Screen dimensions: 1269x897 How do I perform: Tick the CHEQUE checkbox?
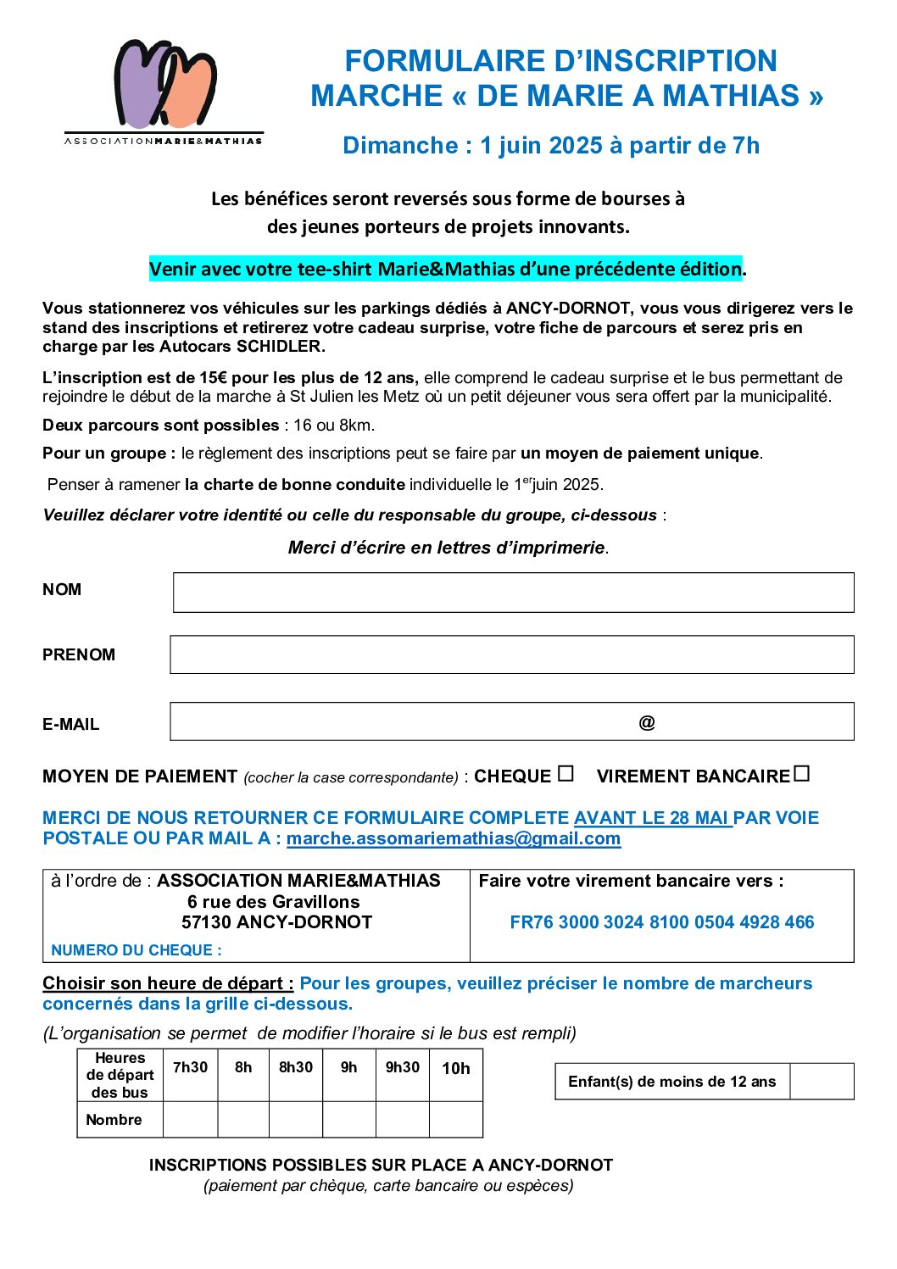pyautogui.click(x=566, y=774)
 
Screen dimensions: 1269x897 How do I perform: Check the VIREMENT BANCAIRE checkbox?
pyautogui.click(x=802, y=774)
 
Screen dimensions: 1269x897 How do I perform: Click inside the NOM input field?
pyautogui.click(x=513, y=592)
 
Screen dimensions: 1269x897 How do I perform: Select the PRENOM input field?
pyautogui.click(x=511, y=654)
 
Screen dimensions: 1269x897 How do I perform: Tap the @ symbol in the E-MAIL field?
pyautogui.click(x=647, y=722)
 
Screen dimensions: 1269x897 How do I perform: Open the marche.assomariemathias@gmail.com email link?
pyautogui.click(x=454, y=838)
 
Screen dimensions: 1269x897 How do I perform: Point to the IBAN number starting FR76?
pyautogui.click(x=661, y=922)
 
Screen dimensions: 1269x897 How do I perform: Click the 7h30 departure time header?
pyautogui.click(x=190, y=1067)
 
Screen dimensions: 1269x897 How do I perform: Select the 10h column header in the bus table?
pyautogui.click(x=456, y=1068)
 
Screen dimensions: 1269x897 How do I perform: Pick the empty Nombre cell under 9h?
pyautogui.click(x=348, y=1119)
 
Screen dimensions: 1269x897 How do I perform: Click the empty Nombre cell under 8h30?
pyautogui.click(x=296, y=1119)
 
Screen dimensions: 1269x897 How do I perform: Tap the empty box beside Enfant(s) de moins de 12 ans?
pyautogui.click(x=822, y=1082)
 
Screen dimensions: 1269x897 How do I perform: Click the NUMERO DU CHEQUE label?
pyautogui.click(x=136, y=950)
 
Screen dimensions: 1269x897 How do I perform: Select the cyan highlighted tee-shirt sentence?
pyautogui.click(x=446, y=269)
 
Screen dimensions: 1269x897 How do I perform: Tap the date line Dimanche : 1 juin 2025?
pyautogui.click(x=551, y=146)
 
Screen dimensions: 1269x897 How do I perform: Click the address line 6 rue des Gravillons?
pyautogui.click(x=274, y=902)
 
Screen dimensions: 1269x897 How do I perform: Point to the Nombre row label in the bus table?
pyautogui.click(x=114, y=1120)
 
